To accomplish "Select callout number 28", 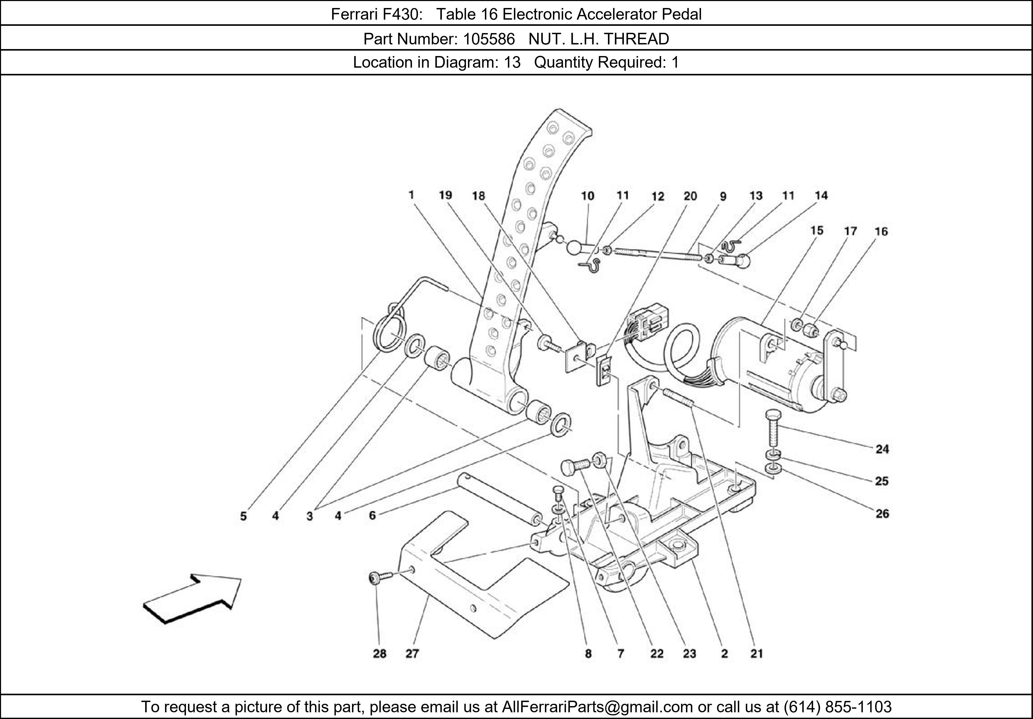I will pos(379,653).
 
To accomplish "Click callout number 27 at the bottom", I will pos(412,653).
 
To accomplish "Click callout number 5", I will pos(243,516).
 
